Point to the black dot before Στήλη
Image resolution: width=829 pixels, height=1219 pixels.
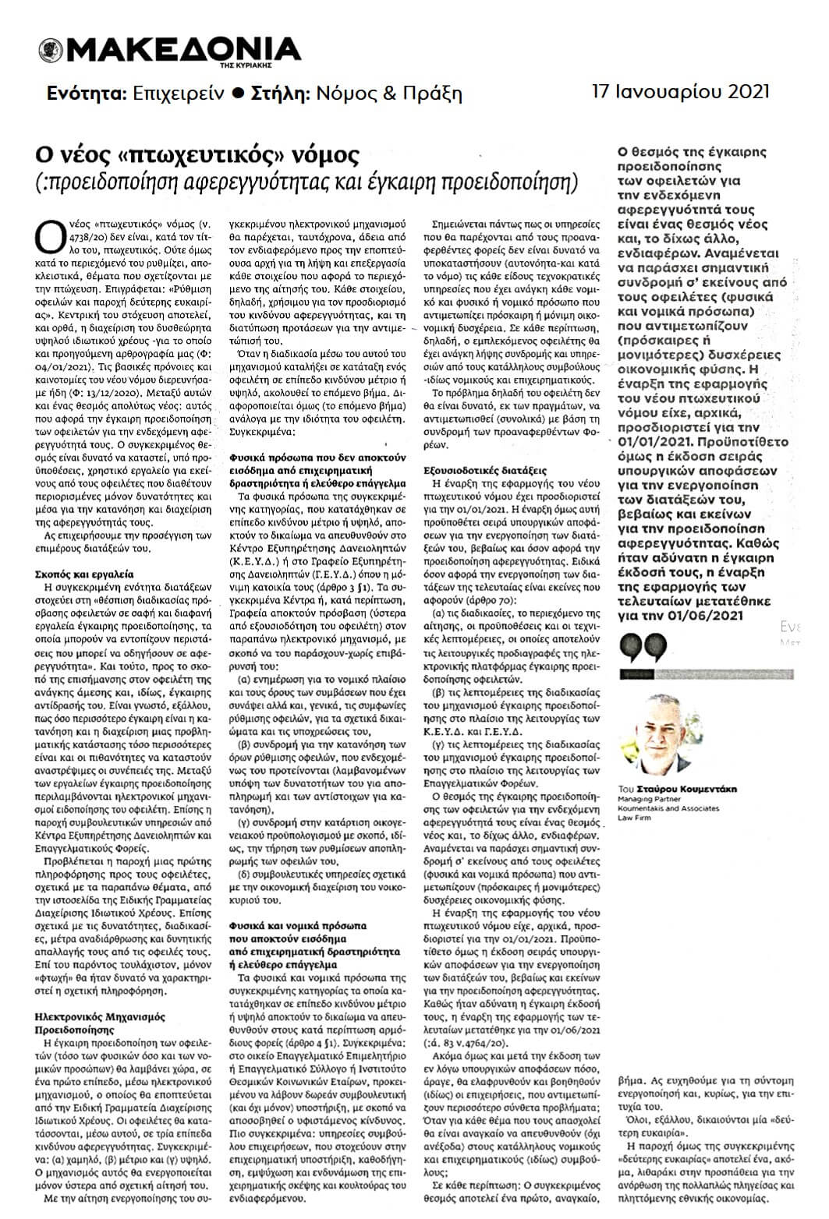pos(239,94)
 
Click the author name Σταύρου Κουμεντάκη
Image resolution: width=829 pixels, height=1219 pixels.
pos(689,789)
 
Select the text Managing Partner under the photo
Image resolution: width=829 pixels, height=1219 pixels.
pos(654,799)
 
